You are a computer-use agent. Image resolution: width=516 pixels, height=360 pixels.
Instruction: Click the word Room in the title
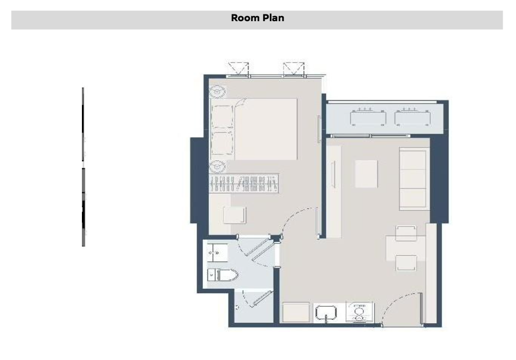(245, 18)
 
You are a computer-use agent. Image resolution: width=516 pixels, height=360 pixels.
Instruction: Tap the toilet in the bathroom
(222, 275)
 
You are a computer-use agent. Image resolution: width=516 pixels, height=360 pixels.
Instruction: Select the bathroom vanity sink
(217, 252)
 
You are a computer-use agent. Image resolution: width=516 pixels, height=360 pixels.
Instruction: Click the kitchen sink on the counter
(326, 312)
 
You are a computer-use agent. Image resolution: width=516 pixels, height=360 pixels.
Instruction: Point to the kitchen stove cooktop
(359, 312)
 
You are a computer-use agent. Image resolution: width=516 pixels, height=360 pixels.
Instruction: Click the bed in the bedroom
(254, 129)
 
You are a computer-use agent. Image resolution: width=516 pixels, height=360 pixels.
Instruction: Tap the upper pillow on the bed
(222, 117)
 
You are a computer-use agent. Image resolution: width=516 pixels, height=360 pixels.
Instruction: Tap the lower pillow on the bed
(222, 143)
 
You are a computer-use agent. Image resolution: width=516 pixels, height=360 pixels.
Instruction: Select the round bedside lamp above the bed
(217, 91)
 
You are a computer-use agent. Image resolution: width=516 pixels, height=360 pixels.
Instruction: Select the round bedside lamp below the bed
(217, 167)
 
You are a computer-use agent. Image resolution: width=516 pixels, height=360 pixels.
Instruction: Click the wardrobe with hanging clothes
(244, 183)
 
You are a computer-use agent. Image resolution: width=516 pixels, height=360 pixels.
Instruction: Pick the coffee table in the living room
(366, 174)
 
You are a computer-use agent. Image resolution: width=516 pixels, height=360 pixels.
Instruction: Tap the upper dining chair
(406, 233)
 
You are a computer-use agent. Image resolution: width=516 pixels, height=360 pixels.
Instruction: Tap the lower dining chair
(406, 262)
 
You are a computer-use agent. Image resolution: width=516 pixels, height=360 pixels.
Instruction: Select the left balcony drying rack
(368, 117)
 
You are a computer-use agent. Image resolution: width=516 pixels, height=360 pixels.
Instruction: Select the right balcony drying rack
(413, 117)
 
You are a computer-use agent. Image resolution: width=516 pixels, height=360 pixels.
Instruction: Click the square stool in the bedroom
(234, 215)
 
